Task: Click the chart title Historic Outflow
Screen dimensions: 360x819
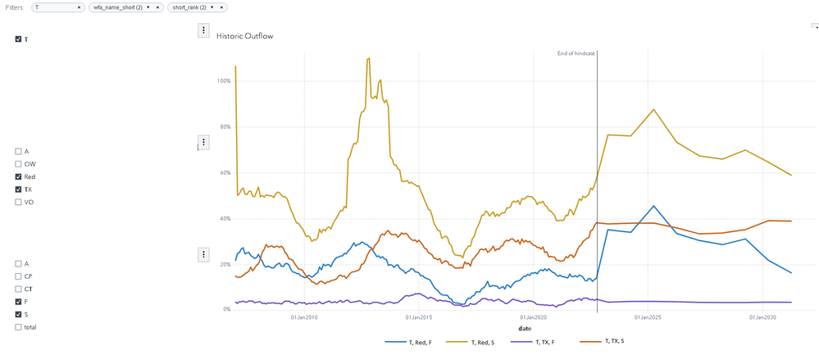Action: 243,36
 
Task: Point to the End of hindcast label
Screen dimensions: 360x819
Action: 576,53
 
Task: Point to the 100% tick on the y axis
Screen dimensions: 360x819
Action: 223,81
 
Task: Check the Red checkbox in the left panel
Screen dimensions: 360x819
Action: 19,177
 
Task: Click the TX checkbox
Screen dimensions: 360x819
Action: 19,189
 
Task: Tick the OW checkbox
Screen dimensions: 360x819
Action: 19,164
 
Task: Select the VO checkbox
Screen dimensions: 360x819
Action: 19,202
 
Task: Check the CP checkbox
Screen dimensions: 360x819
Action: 19,276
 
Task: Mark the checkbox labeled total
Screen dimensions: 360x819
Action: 19,327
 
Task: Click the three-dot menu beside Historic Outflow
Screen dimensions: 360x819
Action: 203,30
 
